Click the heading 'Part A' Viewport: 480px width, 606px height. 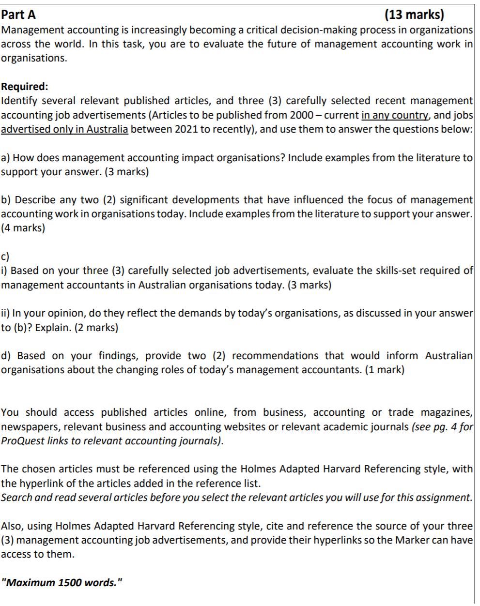coord(18,15)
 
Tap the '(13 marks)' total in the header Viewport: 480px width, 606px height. coord(414,15)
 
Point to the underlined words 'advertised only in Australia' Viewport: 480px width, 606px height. coord(64,130)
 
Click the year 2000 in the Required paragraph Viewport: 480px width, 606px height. coord(302,115)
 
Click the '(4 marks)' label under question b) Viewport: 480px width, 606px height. coord(23,228)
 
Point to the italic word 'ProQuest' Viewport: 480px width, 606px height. coord(21,441)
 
